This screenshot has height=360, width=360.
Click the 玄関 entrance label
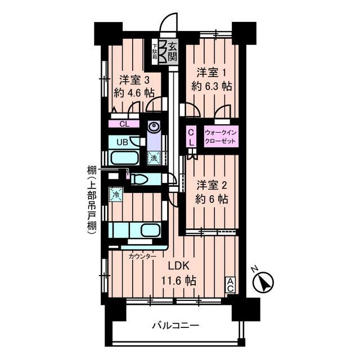pos(173,52)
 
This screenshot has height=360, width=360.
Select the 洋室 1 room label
pos(211,74)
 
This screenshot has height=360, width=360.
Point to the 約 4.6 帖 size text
pos(134,93)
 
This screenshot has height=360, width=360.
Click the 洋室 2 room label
pos(212,186)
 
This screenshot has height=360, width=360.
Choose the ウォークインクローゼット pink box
pos(220,136)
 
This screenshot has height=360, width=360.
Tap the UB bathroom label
pos(123,142)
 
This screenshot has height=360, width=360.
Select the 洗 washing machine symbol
pos(154,157)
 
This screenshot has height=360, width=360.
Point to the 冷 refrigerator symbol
pos(116,195)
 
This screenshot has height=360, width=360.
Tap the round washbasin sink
pos(154,127)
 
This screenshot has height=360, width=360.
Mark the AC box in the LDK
pos(231,285)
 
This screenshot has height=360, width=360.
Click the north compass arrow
pos(263,282)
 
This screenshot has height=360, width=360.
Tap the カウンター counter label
pos(142,256)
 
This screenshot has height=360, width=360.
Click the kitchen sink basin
pos(150,230)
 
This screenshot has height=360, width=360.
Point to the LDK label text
pos(179,266)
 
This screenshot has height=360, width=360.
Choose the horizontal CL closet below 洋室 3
pos(124,124)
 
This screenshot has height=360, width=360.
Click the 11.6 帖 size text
pos(179,280)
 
